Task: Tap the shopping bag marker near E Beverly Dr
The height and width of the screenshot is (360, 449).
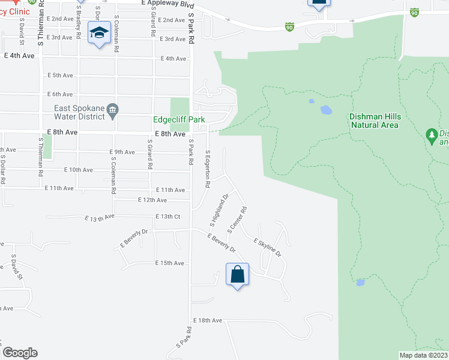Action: [x=238, y=274]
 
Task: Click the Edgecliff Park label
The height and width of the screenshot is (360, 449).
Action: [x=179, y=120]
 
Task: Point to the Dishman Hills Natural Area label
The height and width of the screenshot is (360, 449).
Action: [x=373, y=121]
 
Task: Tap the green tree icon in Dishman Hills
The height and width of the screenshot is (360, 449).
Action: [x=430, y=134]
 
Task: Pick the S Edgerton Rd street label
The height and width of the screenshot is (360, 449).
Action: [x=208, y=169]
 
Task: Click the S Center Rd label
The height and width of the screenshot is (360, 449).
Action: [x=237, y=221]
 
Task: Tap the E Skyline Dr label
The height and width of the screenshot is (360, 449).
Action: [x=267, y=247]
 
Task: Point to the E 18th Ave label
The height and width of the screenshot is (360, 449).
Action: [x=208, y=321]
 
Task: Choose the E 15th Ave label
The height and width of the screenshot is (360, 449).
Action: [x=169, y=263]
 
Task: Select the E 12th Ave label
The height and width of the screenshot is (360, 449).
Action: [x=152, y=200]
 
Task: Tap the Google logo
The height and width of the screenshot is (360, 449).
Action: [x=20, y=353]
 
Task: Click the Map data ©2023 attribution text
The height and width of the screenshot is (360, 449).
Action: [x=423, y=355]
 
